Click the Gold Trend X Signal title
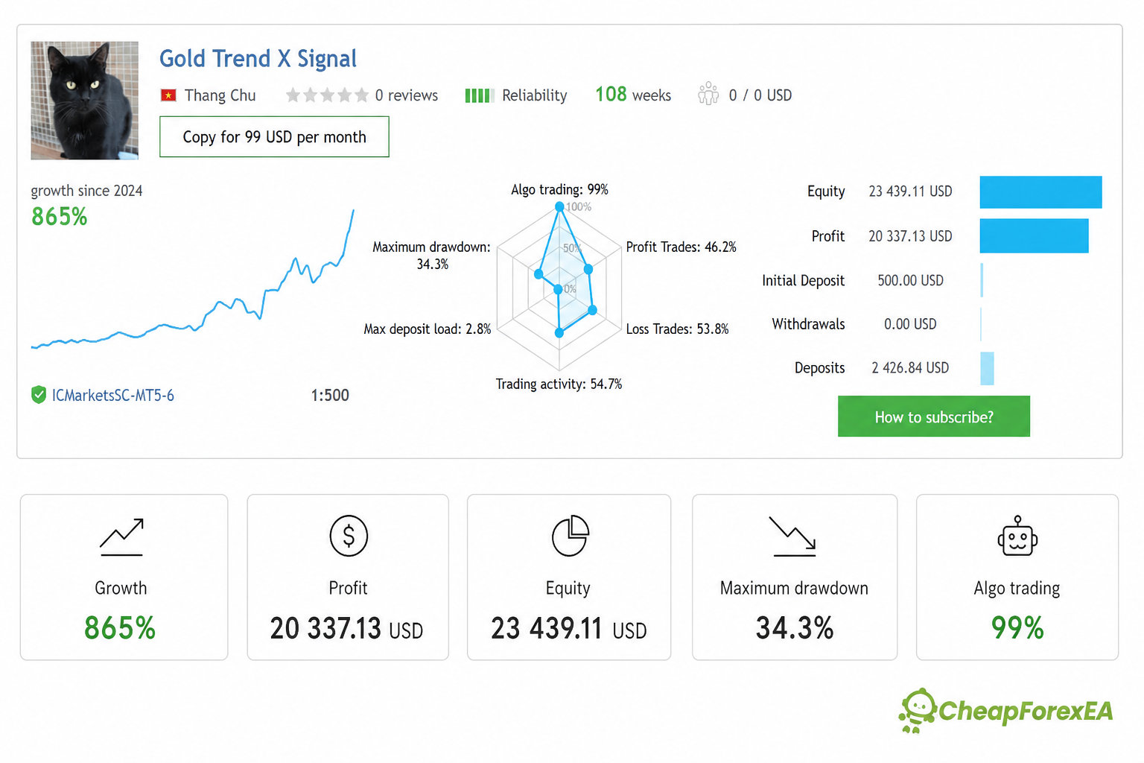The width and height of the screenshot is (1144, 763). coord(258,59)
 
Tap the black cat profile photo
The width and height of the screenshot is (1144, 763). coord(85,100)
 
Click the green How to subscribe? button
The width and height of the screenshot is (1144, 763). coord(933,416)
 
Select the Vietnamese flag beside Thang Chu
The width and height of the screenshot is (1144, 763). coord(168,95)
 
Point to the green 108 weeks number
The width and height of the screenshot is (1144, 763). coord(611,95)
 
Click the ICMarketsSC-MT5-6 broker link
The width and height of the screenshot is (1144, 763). coord(113,395)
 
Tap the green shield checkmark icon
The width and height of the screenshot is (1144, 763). coord(38,395)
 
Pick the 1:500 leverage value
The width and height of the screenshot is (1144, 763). coord(330,395)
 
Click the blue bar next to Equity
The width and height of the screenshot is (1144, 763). coord(1040,192)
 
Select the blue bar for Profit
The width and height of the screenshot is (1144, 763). coord(1035,236)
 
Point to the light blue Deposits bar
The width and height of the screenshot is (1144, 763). coord(987,369)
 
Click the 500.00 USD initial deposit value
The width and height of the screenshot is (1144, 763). coord(910,281)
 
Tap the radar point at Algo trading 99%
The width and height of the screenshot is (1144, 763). coord(559,206)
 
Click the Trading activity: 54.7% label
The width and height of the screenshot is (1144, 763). coord(559,384)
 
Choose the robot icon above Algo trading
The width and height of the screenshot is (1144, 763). coord(1017,536)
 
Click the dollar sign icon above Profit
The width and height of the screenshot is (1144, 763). coord(349,536)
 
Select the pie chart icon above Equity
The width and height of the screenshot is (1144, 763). coord(571,536)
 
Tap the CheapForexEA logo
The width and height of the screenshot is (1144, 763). coord(1005,710)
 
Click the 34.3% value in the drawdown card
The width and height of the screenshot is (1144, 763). coord(794,628)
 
